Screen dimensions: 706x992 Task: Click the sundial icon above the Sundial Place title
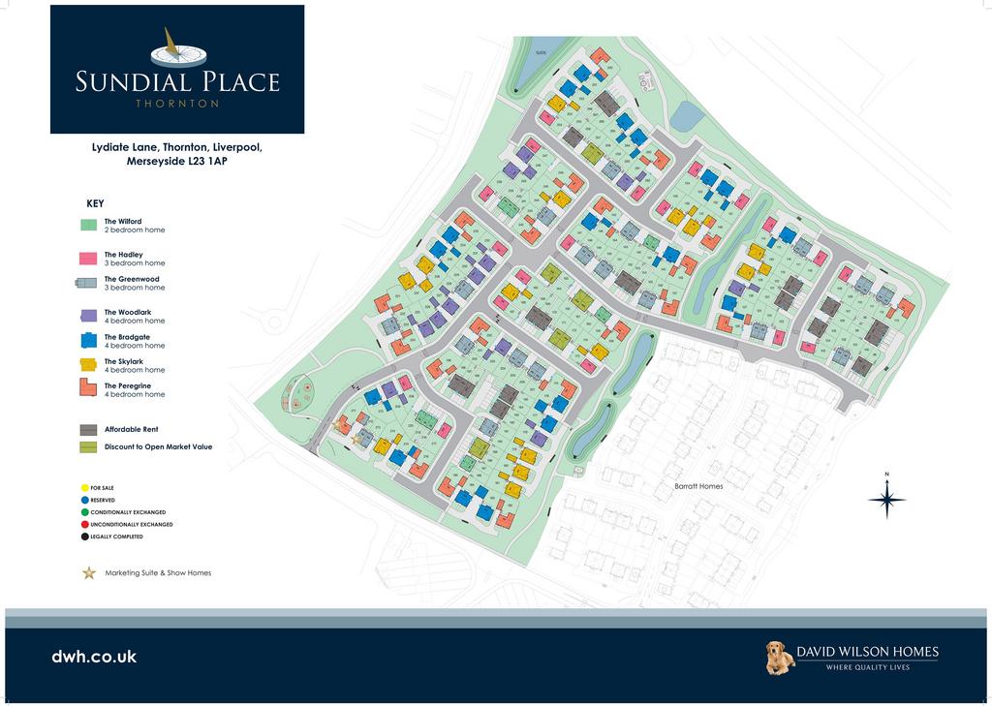[177, 49]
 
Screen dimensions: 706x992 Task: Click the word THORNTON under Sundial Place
[177, 104]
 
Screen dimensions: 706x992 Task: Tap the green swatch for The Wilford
[89, 226]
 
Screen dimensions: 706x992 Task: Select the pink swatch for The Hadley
[89, 259]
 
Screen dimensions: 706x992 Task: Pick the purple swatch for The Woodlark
[89, 316]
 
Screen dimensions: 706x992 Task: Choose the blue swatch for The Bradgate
[89, 340]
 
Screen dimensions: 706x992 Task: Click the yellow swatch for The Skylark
[89, 365]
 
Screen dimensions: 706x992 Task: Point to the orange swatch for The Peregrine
[89, 389]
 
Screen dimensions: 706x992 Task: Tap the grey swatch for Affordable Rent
[89, 429]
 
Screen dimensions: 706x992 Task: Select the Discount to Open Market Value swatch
[89, 447]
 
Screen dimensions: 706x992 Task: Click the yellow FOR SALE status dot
[84, 488]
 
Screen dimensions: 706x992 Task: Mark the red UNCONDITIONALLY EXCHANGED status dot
[84, 524]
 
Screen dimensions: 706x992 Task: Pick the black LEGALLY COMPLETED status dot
[84, 537]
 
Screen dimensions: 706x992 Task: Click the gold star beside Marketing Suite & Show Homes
[89, 573]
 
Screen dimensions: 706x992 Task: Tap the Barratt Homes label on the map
[698, 486]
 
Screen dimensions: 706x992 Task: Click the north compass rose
[886, 500]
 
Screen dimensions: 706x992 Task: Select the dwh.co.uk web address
[94, 657]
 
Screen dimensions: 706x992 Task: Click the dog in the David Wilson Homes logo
[779, 658]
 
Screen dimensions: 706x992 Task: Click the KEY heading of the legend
[95, 204]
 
